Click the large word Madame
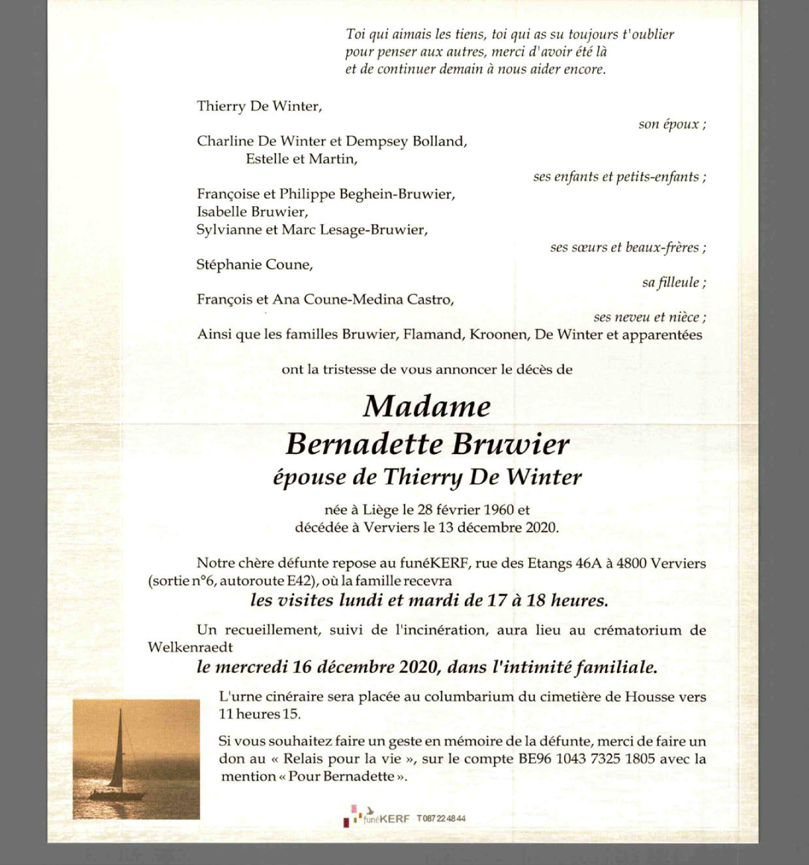(x=427, y=406)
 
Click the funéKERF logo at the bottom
(x=376, y=817)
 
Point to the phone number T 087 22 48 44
(x=441, y=818)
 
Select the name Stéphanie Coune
(x=255, y=265)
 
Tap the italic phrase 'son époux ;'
(x=672, y=124)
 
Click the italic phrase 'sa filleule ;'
(x=674, y=282)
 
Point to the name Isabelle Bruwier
(x=252, y=212)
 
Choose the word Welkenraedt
(x=190, y=647)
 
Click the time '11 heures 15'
(x=259, y=714)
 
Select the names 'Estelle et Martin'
(x=302, y=159)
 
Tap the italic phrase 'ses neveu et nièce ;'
(x=650, y=318)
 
